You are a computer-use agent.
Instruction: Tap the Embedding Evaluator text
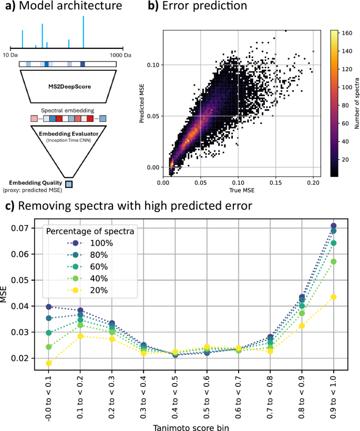pyautogui.click(x=68, y=134)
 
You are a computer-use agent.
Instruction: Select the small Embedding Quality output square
pyautogui.click(x=68, y=184)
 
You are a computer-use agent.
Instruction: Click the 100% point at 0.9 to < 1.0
pyautogui.click(x=333, y=226)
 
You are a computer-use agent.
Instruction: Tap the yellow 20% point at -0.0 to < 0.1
pyautogui.click(x=49, y=363)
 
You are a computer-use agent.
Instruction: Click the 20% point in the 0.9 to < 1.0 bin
pyautogui.click(x=333, y=297)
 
